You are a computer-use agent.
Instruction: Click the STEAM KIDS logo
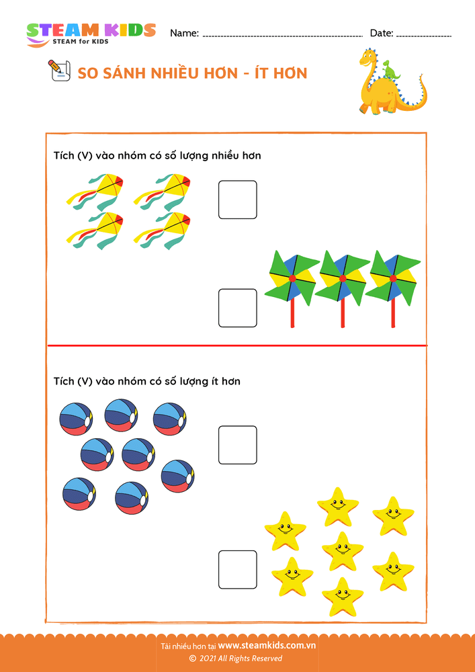[x=91, y=34]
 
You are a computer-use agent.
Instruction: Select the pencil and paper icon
[x=58, y=71]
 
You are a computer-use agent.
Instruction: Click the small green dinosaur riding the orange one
[x=390, y=69]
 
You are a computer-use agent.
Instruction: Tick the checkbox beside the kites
[x=238, y=200]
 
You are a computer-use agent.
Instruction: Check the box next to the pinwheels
[x=238, y=308]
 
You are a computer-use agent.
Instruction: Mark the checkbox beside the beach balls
[x=238, y=445]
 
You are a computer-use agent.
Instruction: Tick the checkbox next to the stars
[x=238, y=570]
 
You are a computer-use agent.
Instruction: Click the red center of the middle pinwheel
[x=343, y=279]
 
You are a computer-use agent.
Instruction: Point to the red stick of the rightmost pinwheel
[x=393, y=313]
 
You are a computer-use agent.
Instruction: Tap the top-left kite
[x=95, y=192]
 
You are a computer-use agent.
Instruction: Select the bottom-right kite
[x=162, y=230]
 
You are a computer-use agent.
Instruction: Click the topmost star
[x=338, y=507]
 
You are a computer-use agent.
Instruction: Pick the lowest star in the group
[x=342, y=597]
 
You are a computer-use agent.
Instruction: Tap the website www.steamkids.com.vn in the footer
[x=267, y=645]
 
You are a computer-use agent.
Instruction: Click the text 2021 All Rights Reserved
[x=241, y=659]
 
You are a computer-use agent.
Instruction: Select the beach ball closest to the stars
[x=178, y=476]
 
